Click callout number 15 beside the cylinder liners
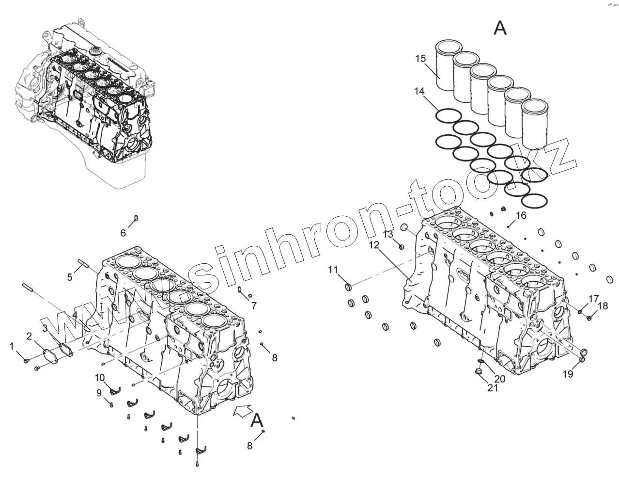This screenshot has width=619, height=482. click(x=420, y=59)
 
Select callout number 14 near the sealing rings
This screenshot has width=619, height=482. click(x=419, y=91)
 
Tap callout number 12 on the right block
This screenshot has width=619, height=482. click(x=373, y=245)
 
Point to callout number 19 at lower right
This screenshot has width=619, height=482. click(x=568, y=374)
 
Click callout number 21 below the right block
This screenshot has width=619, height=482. click(x=492, y=387)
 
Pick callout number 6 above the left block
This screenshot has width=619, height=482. click(x=123, y=233)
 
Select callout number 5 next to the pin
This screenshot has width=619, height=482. click(x=69, y=277)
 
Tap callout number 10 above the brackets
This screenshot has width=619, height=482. click(x=99, y=378)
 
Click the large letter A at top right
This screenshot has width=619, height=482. click(x=500, y=28)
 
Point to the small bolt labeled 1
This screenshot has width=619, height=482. click(x=27, y=360)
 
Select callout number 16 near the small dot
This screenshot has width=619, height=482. click(x=521, y=215)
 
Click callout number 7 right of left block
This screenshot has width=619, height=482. click(x=254, y=306)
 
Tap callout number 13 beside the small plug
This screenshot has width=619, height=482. click(x=388, y=234)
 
